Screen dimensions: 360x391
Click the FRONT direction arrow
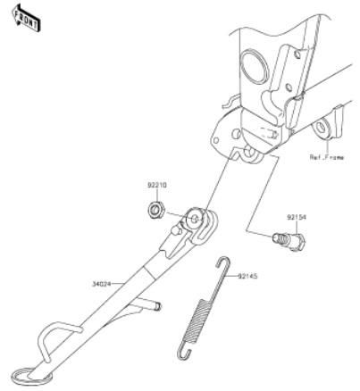(26, 19)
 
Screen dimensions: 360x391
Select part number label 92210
(157, 186)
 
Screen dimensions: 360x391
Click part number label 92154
(297, 217)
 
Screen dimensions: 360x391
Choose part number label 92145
(247, 277)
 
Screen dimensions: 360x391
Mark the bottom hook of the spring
(182, 351)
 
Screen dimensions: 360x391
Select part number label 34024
(101, 284)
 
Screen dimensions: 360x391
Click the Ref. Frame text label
(327, 157)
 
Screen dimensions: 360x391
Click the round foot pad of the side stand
(29, 376)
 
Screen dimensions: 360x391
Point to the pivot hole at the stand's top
(195, 220)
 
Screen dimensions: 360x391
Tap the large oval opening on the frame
(254, 67)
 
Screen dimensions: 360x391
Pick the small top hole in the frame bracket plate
(297, 54)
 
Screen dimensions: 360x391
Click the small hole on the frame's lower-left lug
(215, 140)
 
